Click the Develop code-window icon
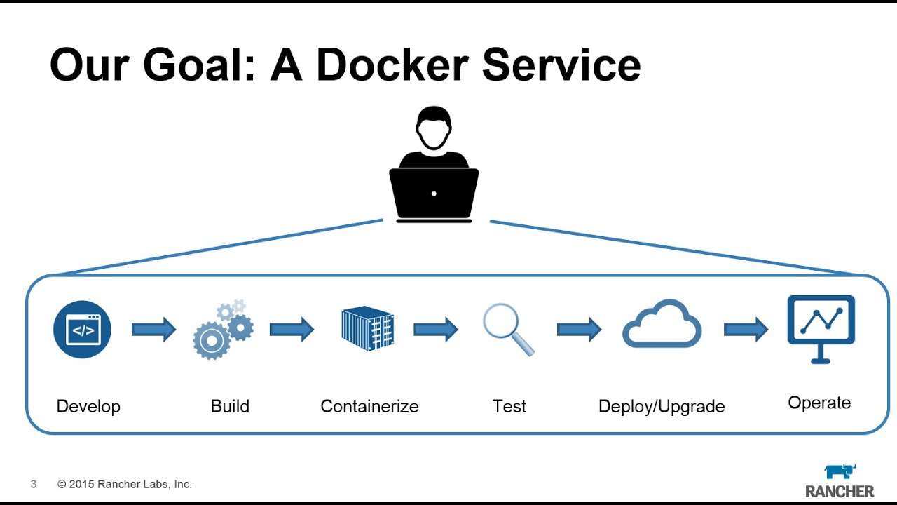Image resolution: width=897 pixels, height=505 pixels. coord(82,329)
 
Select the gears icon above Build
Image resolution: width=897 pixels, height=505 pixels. coord(223,330)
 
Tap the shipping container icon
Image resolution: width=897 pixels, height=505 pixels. coord(367,328)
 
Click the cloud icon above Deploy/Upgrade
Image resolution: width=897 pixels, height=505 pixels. coord(662,325)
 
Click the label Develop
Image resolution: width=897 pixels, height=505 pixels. coord(88,406)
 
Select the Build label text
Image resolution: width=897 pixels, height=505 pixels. coord(230,406)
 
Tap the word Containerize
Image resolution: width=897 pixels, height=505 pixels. coord(369,406)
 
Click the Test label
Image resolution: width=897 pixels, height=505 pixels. coord(509,406)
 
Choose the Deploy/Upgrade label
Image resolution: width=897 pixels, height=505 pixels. coord(662,406)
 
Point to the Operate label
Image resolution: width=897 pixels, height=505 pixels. coord(819,403)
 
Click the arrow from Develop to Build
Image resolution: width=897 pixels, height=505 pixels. coord(153,328)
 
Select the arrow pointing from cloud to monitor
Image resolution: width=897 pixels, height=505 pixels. coord(746,328)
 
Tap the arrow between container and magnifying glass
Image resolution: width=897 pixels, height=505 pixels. coord(435,328)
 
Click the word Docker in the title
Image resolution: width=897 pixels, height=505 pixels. coord(392,65)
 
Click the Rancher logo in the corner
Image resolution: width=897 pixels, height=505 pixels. coord(840,481)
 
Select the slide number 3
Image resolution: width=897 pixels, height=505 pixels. coord(34,484)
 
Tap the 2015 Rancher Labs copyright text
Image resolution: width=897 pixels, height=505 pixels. coord(125,484)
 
